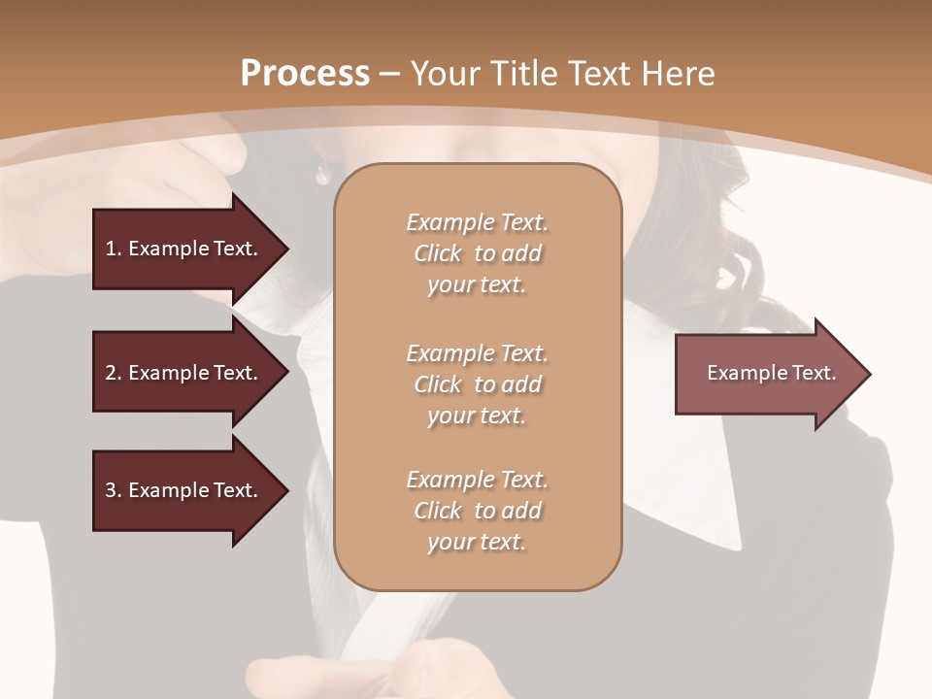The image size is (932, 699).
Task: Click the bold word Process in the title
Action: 305,74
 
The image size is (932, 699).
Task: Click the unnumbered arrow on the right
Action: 767,373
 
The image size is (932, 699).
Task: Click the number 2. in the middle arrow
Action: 114,373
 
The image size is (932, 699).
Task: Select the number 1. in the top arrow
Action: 113,249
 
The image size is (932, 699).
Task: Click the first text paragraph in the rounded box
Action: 477,253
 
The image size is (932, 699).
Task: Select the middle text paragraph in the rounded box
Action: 477,384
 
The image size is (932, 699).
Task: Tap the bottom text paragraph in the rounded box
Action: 477,511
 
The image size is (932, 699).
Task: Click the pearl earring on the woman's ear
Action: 321,175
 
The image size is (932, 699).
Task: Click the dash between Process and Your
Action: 390,74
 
